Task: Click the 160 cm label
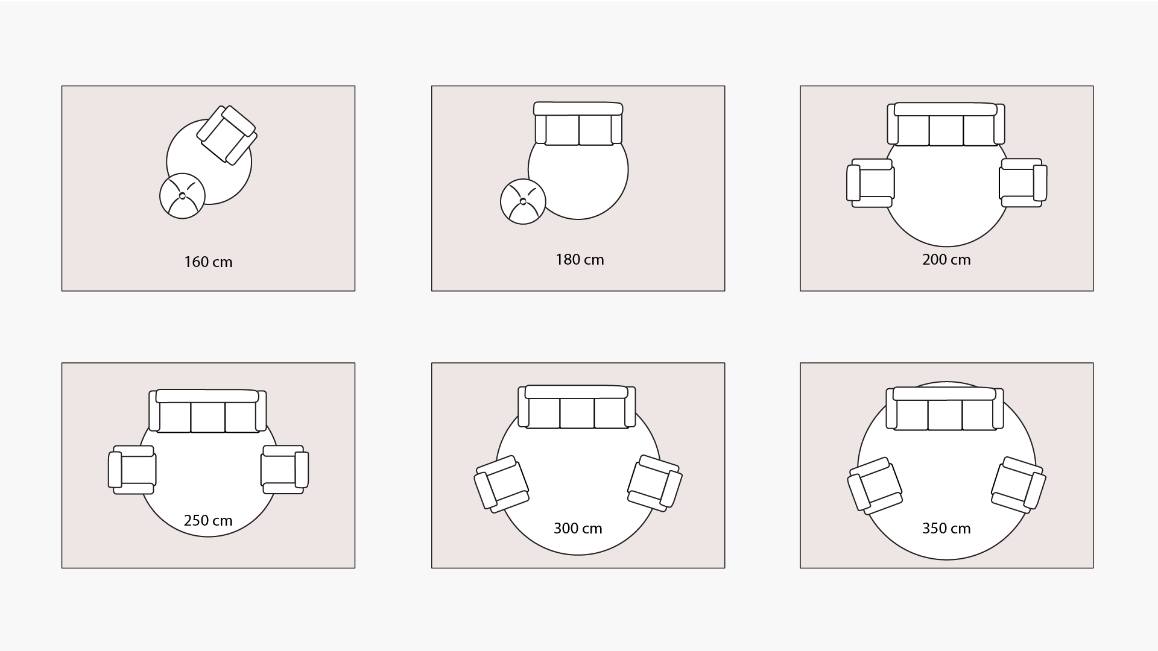tap(208, 262)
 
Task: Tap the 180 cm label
tap(580, 260)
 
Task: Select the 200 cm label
tap(946, 260)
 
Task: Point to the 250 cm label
tap(208, 520)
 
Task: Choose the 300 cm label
tap(578, 529)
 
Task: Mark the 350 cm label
tap(946, 529)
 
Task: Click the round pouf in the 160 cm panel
tap(182, 196)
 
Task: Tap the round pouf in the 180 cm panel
tap(523, 202)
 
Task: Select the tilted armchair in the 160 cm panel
tap(227, 134)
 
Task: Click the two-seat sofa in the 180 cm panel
tap(578, 124)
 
